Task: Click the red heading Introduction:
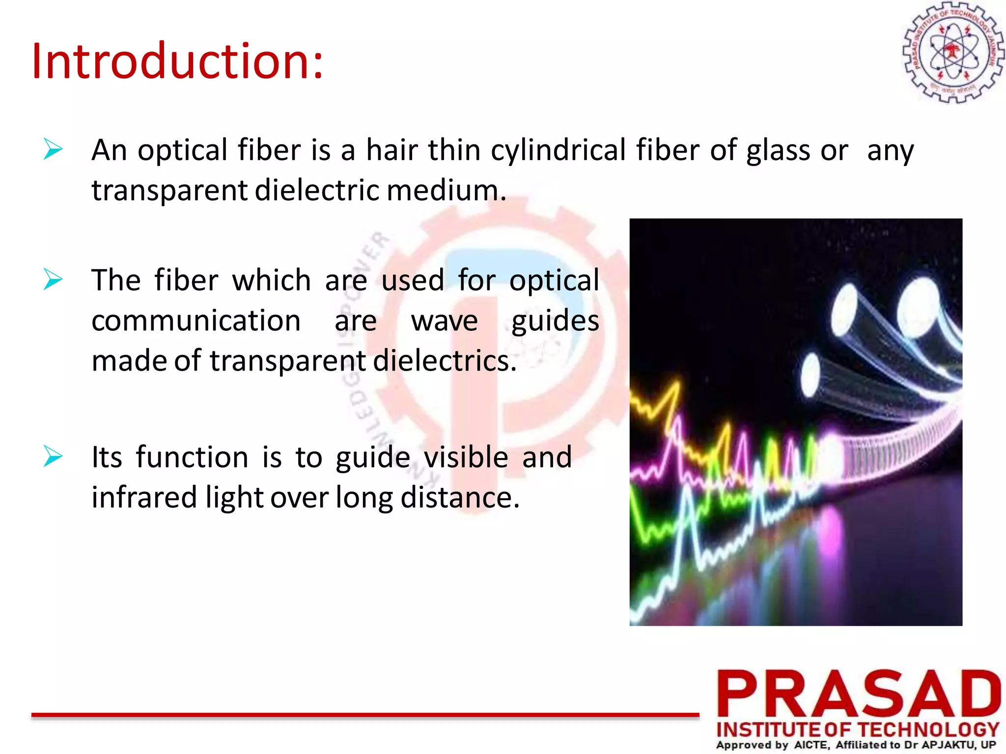(177, 61)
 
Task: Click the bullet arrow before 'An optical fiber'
(53, 149)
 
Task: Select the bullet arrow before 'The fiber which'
(53, 279)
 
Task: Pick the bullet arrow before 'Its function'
(53, 456)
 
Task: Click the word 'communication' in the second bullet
(196, 321)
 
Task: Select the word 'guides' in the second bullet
(555, 322)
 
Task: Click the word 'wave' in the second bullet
(444, 322)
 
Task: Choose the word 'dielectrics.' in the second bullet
(445, 361)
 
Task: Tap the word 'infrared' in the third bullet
(144, 497)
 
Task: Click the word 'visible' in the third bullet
(466, 458)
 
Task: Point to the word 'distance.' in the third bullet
(460, 497)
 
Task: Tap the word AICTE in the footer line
(811, 745)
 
